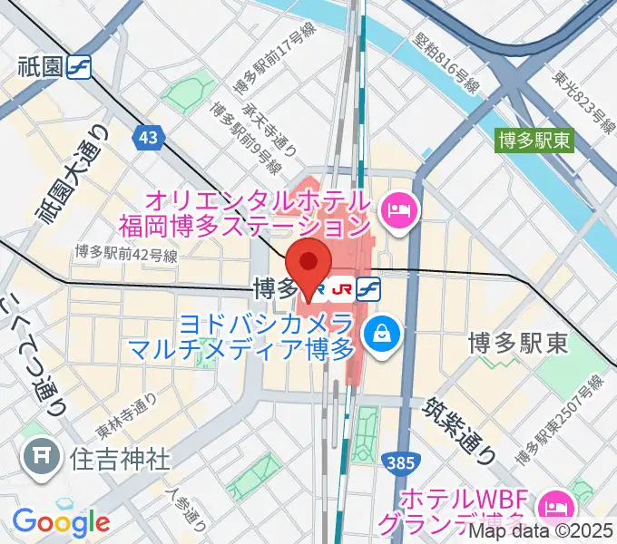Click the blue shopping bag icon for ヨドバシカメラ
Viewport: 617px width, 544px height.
point(377,335)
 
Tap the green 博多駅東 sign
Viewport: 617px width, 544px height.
point(533,141)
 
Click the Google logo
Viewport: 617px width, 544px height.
point(61,521)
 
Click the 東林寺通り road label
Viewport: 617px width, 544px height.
point(127,413)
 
